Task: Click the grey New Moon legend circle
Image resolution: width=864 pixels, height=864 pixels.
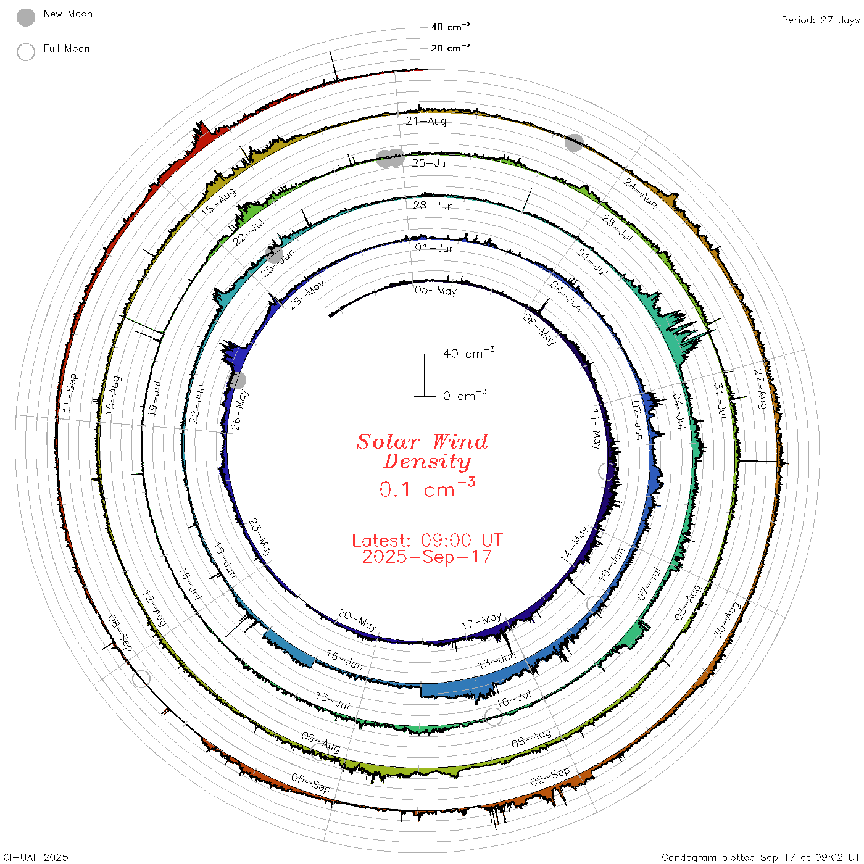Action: [25, 17]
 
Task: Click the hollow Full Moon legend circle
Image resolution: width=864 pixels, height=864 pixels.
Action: [25, 52]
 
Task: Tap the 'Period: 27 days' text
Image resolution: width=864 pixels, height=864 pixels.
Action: [821, 20]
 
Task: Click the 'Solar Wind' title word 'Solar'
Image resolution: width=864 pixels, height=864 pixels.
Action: [388, 442]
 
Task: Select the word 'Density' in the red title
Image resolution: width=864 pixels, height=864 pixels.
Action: [427, 462]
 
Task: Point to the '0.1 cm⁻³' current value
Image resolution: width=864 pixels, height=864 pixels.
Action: [427, 488]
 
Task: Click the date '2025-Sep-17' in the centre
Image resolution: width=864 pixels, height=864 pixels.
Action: [427, 557]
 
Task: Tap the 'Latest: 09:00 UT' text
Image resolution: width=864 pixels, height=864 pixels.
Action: [427, 540]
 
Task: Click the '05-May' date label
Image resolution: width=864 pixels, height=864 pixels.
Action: [435, 291]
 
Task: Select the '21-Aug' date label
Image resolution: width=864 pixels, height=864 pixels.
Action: [426, 121]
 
